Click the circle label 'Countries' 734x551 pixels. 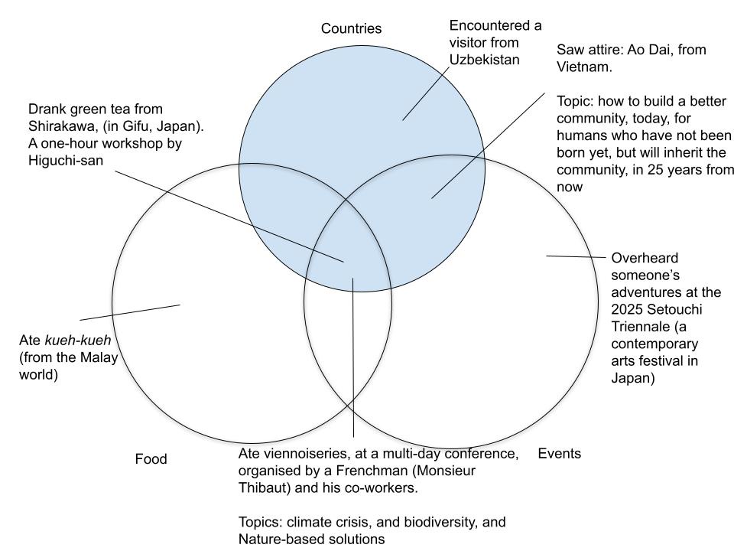coord(351,29)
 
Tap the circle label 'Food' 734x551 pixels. coord(151,459)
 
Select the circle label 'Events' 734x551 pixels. coord(560,453)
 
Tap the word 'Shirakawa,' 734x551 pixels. coord(64,126)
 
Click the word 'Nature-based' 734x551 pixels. coord(276,539)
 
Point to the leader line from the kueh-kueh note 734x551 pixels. coord(130,312)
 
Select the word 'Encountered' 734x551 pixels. coord(485,25)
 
